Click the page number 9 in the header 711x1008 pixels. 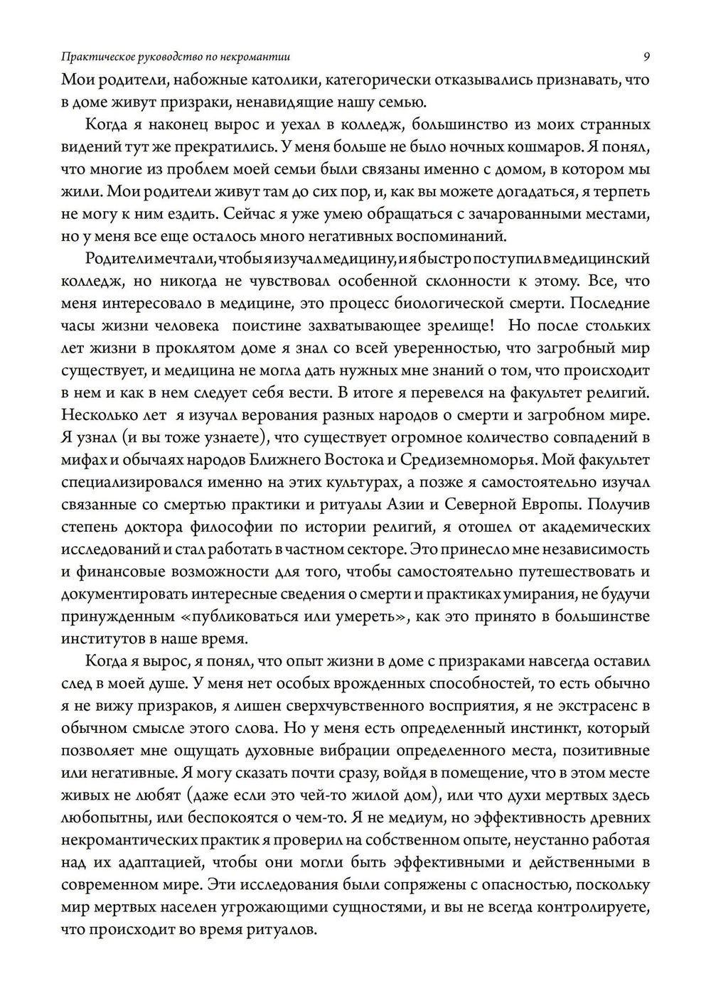click(x=646, y=56)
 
